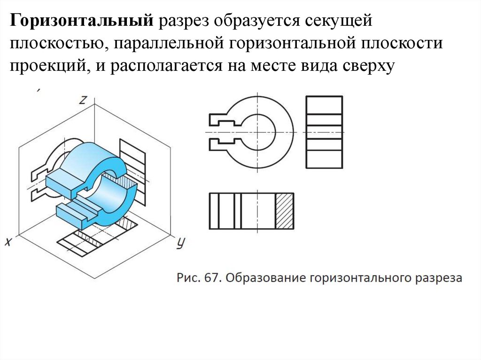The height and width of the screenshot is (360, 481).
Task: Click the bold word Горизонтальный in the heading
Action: tap(82, 21)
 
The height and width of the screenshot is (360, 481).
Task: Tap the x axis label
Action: tap(8, 242)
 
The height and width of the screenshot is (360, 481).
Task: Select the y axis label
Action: tap(180, 243)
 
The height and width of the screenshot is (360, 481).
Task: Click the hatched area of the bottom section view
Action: tap(284, 211)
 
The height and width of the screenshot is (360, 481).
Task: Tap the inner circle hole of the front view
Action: tap(257, 132)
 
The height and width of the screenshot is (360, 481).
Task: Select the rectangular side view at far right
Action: tap(324, 132)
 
